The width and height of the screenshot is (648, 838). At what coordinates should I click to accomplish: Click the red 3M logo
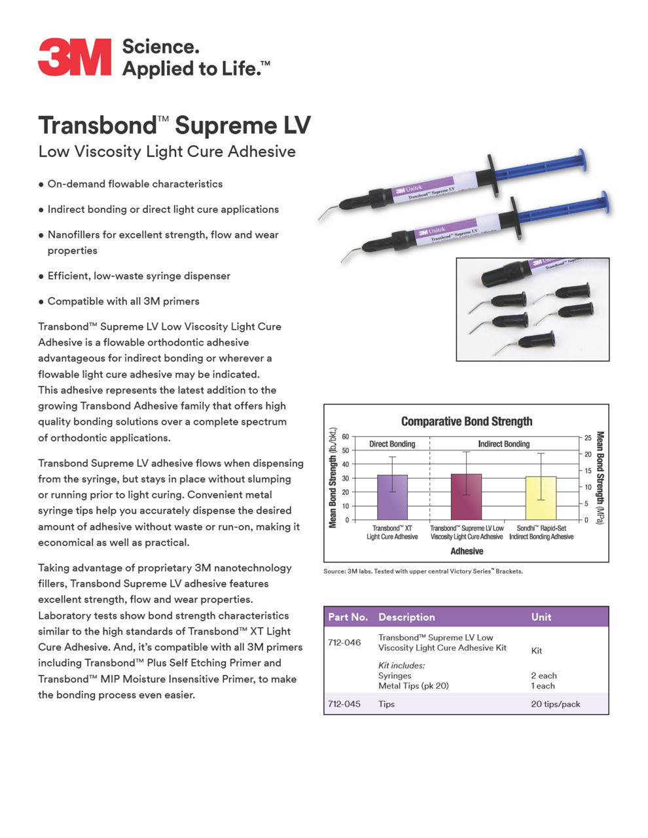click(75, 58)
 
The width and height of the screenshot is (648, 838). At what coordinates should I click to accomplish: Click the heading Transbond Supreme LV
click(174, 125)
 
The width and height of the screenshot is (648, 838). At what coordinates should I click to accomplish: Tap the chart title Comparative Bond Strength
click(466, 422)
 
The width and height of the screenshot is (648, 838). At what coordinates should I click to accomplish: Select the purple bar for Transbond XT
click(392, 498)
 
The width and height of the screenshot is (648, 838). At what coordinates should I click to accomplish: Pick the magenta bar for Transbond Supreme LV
click(466, 497)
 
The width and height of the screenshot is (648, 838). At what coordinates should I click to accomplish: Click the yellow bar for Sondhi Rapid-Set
click(541, 498)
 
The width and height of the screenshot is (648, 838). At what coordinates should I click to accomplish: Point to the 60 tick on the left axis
click(345, 437)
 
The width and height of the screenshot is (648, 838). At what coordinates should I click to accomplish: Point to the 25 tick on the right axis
click(588, 437)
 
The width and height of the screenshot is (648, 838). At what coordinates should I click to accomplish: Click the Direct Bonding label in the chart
click(392, 444)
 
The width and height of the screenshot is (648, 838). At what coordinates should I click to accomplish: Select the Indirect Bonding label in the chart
click(503, 444)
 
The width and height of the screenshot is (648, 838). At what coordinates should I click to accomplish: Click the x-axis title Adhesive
click(466, 551)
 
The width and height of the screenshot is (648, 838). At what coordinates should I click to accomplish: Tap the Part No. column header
click(348, 617)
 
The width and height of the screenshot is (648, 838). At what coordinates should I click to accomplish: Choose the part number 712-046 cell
click(344, 643)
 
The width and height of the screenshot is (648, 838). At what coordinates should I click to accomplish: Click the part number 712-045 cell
click(344, 704)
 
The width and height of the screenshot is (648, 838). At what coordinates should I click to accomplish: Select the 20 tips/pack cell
click(555, 704)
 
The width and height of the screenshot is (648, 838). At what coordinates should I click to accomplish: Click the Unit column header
click(541, 617)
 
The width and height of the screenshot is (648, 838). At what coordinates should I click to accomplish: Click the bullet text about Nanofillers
click(163, 242)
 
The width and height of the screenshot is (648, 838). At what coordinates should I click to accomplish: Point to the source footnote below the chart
click(423, 572)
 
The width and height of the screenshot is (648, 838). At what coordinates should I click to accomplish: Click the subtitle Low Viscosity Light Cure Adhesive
click(167, 152)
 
